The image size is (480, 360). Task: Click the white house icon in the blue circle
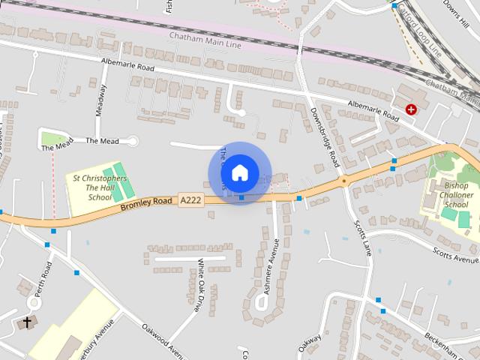pos(238,172)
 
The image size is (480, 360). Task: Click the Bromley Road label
pos(146,202)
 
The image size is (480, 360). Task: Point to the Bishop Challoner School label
pos(455,194)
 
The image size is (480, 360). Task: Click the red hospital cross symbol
pos(410,109)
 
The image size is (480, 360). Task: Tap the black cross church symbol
pos(28,322)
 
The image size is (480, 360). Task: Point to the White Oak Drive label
pos(199,285)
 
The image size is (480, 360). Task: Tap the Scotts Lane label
pos(364,236)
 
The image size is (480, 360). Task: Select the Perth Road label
pos(46,277)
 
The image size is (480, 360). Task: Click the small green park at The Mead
pos(52,138)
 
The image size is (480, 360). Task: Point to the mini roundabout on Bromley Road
pos(344,180)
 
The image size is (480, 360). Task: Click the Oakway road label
pos(310,346)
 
